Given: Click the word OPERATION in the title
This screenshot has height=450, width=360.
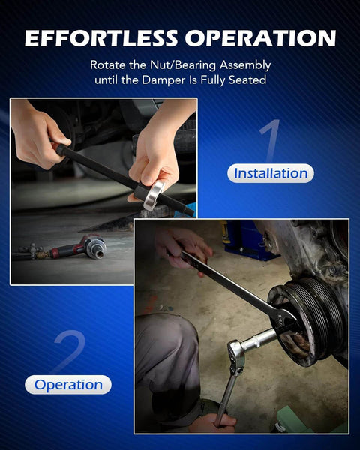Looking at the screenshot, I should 261,38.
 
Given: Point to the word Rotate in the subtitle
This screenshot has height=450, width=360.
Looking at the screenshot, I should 109,64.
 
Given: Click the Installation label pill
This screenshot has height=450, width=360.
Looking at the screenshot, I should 271,173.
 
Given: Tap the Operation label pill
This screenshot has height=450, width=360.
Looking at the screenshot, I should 68,385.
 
